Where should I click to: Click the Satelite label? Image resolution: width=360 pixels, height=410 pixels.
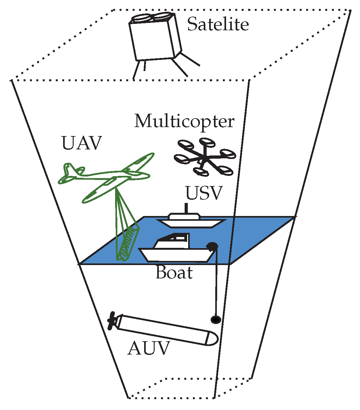(x=218, y=25)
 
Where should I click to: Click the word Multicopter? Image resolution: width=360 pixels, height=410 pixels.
(x=184, y=121)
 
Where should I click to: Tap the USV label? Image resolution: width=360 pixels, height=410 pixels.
(x=203, y=193)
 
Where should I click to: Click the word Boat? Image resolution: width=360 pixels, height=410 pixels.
(x=174, y=273)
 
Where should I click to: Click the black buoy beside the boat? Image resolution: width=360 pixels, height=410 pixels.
(x=212, y=246)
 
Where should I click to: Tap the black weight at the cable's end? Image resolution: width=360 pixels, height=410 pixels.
(x=216, y=320)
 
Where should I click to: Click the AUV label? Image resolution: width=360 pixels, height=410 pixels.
(x=148, y=349)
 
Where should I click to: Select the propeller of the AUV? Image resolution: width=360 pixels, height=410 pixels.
(x=112, y=320)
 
